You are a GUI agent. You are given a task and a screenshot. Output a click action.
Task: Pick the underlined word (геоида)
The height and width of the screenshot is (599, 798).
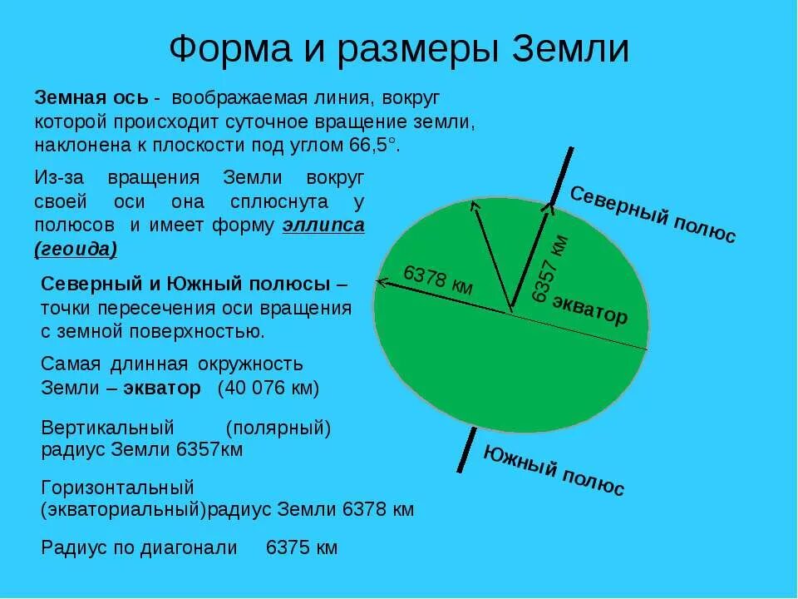[76, 249]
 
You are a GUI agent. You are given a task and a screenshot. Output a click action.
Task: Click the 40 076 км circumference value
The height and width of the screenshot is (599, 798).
[268, 388]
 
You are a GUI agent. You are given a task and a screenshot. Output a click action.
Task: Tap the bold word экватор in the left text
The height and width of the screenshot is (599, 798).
[162, 388]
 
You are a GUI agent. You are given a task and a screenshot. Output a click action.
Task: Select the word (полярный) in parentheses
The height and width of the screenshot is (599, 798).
[278, 428]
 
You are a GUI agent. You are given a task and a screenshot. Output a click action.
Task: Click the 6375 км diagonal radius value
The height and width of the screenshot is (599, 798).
[302, 547]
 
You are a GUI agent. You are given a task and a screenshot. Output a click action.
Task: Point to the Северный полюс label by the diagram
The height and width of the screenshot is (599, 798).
[653, 215]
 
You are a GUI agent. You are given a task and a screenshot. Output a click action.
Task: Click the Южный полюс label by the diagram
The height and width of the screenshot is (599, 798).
[554, 470]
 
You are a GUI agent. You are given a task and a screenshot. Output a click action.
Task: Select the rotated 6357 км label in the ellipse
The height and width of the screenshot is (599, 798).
[550, 268]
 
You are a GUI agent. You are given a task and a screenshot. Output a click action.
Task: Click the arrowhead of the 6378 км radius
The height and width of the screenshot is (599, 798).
[380, 281]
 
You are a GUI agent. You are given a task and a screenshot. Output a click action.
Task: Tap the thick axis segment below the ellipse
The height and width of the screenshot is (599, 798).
[466, 449]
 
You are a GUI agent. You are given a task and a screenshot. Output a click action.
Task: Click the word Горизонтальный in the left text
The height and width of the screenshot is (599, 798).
[117, 487]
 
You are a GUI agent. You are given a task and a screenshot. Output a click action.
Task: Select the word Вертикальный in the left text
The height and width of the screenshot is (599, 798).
[108, 428]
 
